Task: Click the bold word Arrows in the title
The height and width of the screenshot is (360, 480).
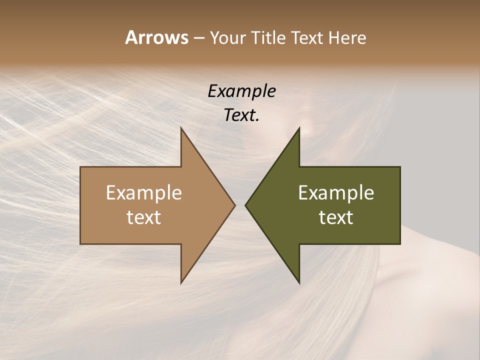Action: [x=156, y=37]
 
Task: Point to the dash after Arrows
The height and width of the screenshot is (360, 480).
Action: [x=198, y=38]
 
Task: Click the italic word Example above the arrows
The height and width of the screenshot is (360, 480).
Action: [x=241, y=91]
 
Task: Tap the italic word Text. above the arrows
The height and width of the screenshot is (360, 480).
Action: [x=241, y=115]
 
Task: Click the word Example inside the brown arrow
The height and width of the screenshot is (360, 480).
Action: [x=143, y=193]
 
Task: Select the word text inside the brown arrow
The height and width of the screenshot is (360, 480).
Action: [x=143, y=217]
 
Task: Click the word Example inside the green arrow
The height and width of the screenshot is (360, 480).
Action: [x=336, y=193]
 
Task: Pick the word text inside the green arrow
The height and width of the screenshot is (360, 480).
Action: [x=336, y=217]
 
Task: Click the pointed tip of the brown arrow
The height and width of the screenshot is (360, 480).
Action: [x=234, y=205]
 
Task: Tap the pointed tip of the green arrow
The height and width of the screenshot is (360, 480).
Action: [x=245, y=205]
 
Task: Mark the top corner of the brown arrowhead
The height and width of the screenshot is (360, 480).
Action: [x=181, y=128]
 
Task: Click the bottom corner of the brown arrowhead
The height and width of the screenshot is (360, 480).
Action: [x=181, y=283]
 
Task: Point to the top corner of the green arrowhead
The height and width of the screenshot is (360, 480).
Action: [x=299, y=128]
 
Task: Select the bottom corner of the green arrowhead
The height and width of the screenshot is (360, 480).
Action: [x=299, y=283]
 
